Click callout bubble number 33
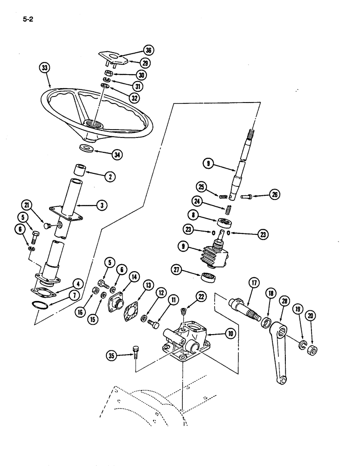coord(44,68)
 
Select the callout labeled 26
coord(275,195)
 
